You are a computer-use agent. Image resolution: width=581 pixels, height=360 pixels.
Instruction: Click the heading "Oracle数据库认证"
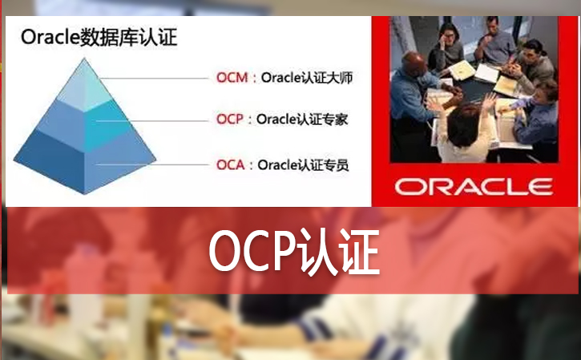(99, 37)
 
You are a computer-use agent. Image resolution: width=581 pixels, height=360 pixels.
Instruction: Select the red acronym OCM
(232, 79)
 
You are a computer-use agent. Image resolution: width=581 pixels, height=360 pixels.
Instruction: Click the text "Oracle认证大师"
(305, 79)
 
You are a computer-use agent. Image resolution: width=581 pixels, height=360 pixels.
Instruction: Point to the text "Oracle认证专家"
(305, 119)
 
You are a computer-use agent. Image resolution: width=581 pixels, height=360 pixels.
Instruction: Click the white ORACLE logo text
(474, 187)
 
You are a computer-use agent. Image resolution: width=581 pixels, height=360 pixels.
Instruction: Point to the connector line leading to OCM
(160, 79)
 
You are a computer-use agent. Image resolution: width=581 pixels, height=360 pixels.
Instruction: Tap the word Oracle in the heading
(49, 37)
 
